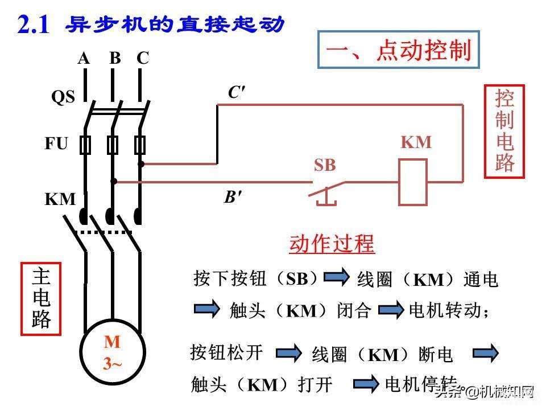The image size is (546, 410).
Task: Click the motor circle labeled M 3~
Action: pyautogui.click(x=113, y=352)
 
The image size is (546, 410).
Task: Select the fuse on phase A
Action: pyautogui.click(x=85, y=145)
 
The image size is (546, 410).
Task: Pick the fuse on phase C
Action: pyautogui.click(x=140, y=145)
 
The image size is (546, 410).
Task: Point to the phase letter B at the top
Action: pyautogui.click(x=115, y=58)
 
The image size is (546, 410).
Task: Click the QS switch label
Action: pyautogui.click(x=63, y=97)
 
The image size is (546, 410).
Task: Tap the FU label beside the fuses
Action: pyautogui.click(x=56, y=143)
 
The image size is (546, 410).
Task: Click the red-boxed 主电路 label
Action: pyautogui.click(x=41, y=299)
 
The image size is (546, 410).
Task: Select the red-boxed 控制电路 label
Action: pyautogui.click(x=504, y=132)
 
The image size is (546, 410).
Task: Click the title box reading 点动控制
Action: pyautogui.click(x=399, y=50)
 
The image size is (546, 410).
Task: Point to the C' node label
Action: pyautogui.click(x=237, y=92)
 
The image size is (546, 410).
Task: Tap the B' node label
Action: pyautogui.click(x=233, y=197)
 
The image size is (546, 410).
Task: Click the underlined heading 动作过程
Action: pyautogui.click(x=332, y=243)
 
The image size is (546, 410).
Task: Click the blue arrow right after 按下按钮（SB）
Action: pyautogui.click(x=336, y=277)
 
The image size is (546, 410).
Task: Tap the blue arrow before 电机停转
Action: pyautogui.click(x=366, y=384)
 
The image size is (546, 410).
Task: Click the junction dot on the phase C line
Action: pyautogui.click(x=141, y=163)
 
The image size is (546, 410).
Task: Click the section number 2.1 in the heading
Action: pyautogui.click(x=34, y=24)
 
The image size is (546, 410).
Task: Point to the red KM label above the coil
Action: pyautogui.click(x=416, y=142)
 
